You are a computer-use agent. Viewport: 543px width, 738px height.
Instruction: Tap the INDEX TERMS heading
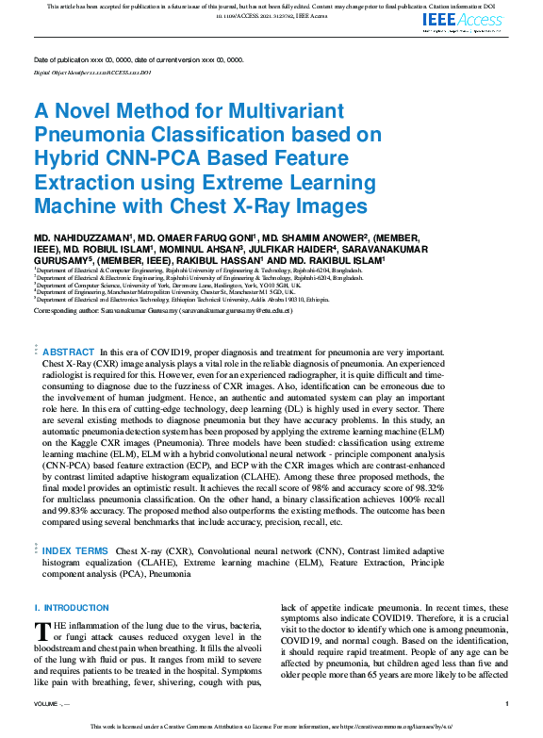point(74,549)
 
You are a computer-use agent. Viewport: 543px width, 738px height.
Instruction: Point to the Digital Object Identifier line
point(91,72)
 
